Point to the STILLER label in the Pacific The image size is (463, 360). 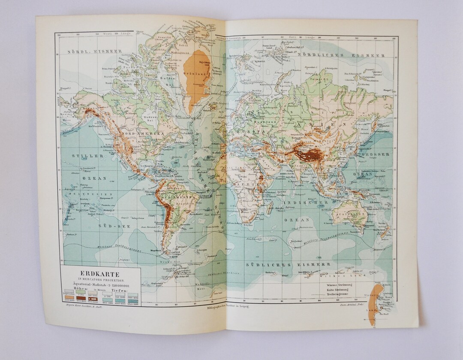[x=87, y=156]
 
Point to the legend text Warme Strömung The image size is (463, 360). [x=340, y=285]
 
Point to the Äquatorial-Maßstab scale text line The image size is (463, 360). [x=101, y=285]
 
